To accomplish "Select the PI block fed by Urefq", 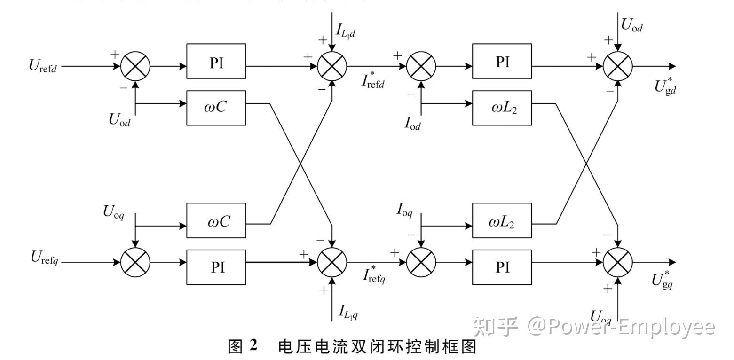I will [216, 267].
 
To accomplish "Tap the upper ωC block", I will [216, 108].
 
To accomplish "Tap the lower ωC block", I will [216, 220].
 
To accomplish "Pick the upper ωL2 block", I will [502, 108].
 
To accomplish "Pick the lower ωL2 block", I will [502, 220].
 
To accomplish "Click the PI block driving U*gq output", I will [502, 267].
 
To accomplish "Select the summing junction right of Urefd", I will [135, 66].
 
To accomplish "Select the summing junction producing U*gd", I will [618, 66].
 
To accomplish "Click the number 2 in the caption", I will [254, 346].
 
